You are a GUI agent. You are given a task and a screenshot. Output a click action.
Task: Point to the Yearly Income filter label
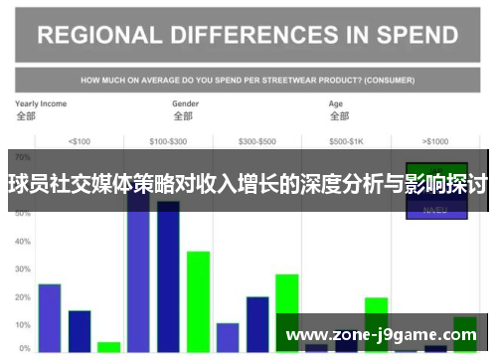coord(40,103)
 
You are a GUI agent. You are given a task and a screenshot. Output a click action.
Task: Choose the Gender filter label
coord(186,103)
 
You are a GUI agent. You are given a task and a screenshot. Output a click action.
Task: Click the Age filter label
coord(337,103)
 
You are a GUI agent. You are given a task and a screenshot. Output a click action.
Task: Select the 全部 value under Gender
coord(183,116)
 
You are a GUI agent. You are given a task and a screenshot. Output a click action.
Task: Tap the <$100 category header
coord(79,140)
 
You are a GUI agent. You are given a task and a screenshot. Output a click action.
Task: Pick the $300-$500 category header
coord(257,140)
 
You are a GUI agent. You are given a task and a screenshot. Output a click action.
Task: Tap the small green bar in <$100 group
coord(108,346)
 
